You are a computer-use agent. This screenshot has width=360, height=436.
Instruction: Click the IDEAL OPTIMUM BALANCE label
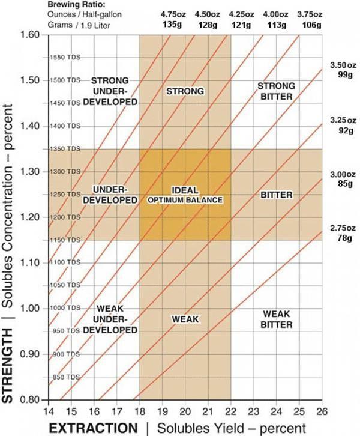coord(185,195)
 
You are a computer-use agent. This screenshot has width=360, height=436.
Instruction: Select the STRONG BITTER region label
coord(275,91)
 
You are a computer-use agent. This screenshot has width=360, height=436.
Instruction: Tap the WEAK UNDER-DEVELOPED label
coord(110,319)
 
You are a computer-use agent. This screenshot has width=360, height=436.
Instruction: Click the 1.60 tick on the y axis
coord(29,35)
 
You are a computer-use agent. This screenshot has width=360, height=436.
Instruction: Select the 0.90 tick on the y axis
coord(29,354)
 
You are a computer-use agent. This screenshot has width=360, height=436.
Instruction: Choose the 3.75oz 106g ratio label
coord(311,19)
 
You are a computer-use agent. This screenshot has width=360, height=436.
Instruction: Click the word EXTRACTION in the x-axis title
coord(93,428)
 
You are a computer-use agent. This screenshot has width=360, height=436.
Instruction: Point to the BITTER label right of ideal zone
coord(276,195)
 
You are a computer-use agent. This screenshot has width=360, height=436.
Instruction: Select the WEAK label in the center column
coord(185,318)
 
